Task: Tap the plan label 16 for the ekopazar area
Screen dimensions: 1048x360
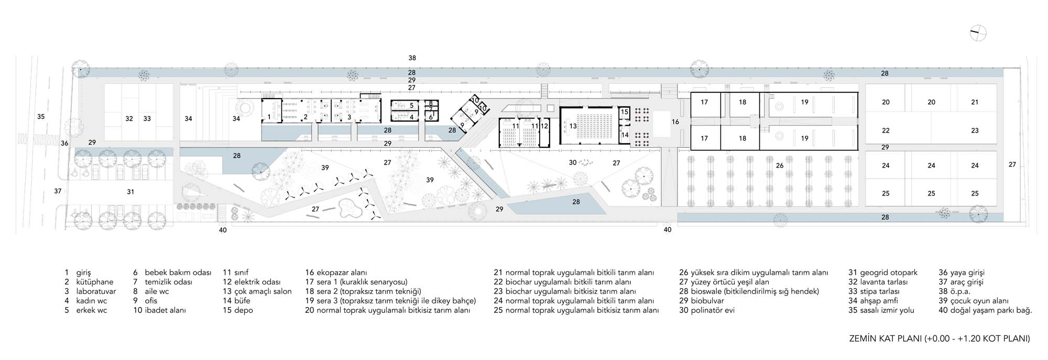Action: [675, 122]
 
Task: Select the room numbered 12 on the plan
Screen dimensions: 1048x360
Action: [545, 133]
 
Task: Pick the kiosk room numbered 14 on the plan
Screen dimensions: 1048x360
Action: [625, 135]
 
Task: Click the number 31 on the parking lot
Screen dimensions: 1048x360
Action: [130, 192]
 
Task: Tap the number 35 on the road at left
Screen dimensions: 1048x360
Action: [41, 116]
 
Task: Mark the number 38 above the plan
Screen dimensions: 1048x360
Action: [412, 58]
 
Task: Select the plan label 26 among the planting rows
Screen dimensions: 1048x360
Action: [780, 166]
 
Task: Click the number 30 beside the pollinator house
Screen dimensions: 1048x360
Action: [573, 163]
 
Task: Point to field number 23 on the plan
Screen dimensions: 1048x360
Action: [975, 130]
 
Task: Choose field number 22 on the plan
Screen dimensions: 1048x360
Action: [886, 130]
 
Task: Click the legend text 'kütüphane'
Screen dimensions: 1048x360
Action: [95, 282]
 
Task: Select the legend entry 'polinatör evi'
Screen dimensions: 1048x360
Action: [707, 310]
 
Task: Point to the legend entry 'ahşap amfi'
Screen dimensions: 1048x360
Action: [872, 301]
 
